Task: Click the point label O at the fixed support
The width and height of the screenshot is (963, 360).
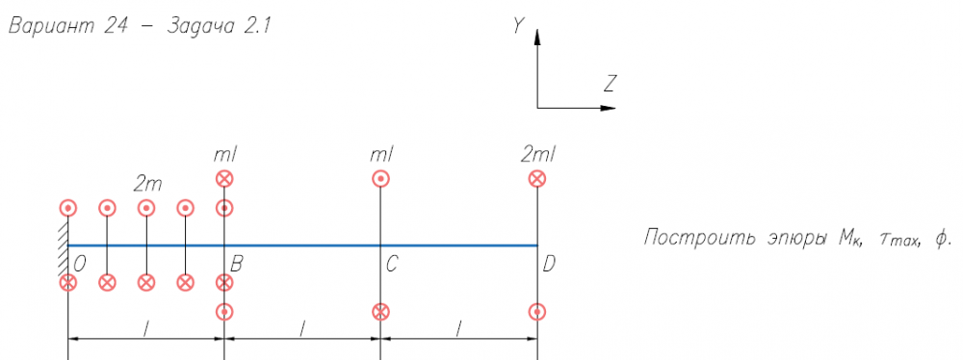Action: (x=79, y=264)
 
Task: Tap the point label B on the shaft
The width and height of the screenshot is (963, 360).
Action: (x=236, y=264)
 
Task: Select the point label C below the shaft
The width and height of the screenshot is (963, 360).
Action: (x=393, y=264)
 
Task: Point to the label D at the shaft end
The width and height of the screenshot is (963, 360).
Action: (x=550, y=264)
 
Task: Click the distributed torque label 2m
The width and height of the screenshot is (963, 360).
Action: (x=147, y=184)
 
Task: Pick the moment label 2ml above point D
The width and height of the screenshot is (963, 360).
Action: (x=537, y=155)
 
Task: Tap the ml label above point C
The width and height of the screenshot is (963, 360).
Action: (x=381, y=155)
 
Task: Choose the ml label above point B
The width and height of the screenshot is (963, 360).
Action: (x=224, y=155)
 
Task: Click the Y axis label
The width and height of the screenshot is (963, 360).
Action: (x=520, y=25)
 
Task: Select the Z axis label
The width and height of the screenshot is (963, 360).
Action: (x=610, y=84)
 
